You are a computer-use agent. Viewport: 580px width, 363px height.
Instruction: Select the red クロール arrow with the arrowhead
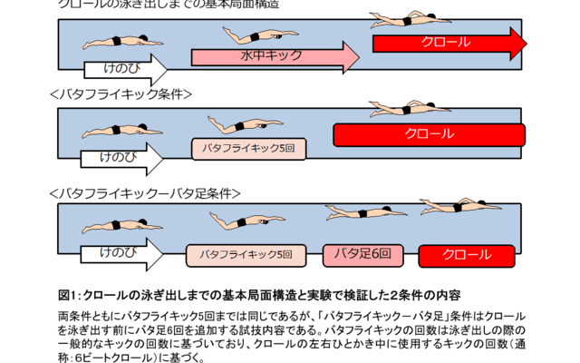449,43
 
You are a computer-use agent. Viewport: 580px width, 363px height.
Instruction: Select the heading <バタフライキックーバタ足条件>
145,192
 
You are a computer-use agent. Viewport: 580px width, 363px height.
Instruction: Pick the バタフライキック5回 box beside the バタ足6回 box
239,255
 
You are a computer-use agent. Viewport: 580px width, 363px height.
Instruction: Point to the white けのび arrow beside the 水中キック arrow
126,68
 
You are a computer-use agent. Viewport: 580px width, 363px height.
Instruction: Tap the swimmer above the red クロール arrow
412,20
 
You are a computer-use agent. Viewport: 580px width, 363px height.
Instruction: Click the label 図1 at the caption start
69,295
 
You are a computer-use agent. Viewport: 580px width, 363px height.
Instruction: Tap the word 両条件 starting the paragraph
74,314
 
